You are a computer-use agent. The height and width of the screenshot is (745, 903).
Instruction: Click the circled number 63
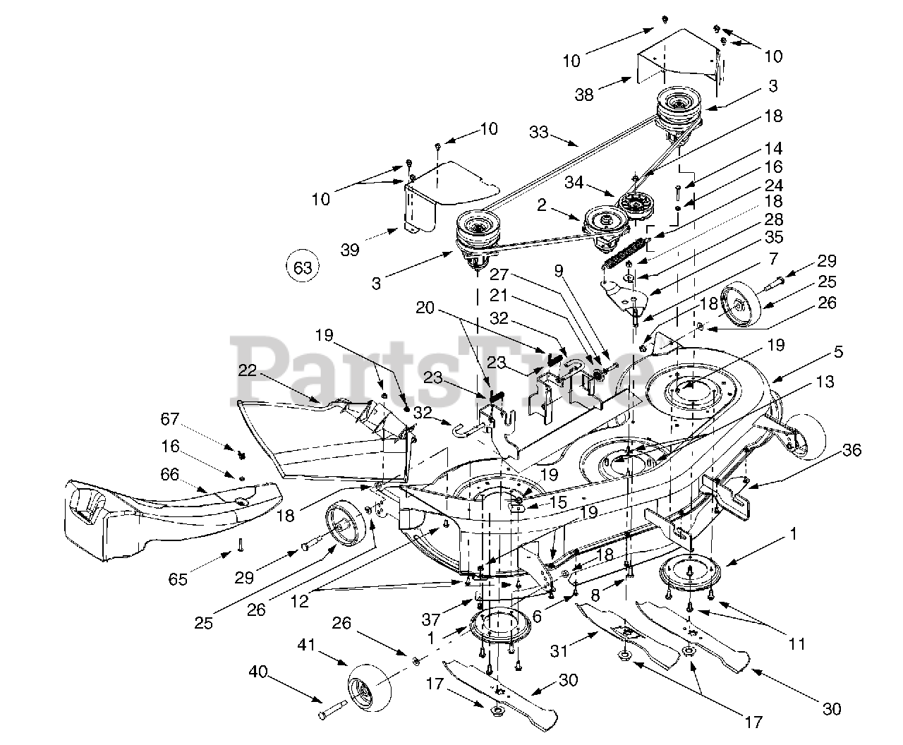click(302, 267)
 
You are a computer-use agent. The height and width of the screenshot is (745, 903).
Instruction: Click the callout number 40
click(257, 672)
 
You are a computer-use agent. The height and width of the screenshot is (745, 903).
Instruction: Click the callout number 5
click(837, 351)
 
